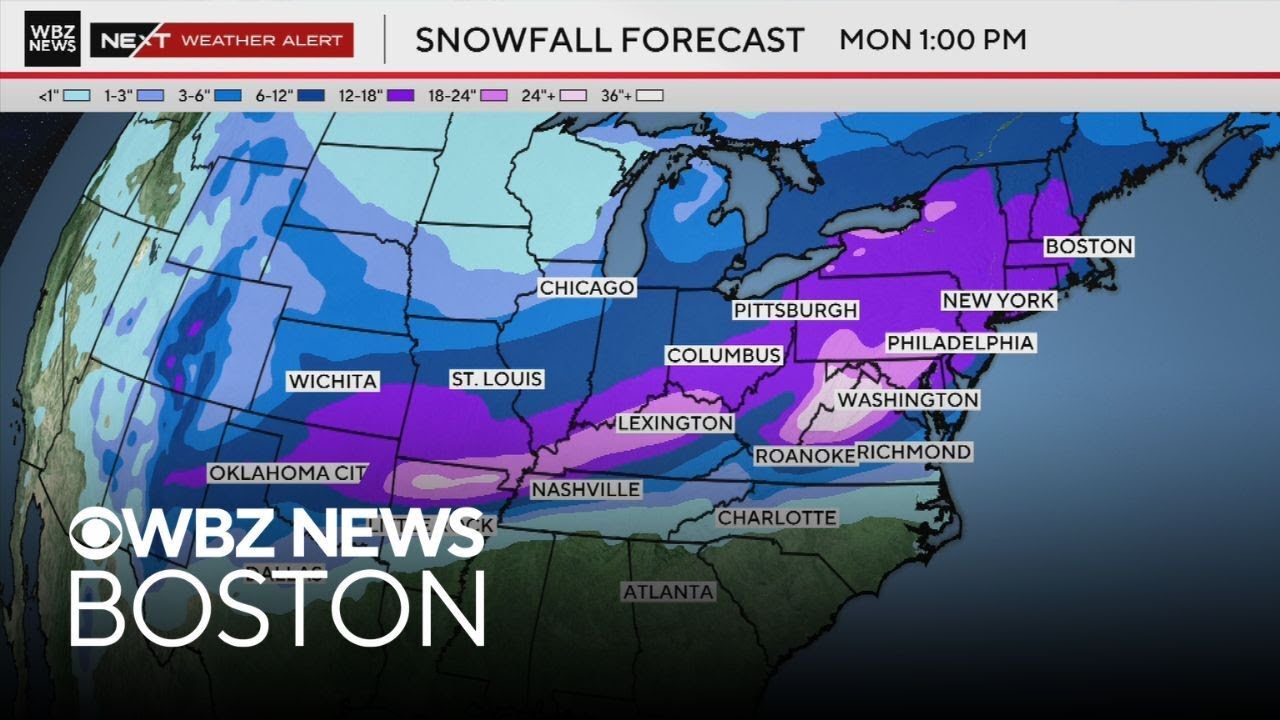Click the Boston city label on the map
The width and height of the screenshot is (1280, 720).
click(1089, 246)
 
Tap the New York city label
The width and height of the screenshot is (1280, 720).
click(998, 300)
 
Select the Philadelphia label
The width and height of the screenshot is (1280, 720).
click(960, 343)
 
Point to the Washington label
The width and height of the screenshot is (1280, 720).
click(907, 400)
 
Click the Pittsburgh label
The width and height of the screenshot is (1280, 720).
click(796, 310)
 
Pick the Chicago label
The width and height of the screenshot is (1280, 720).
click(587, 288)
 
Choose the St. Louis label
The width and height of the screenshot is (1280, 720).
click(496, 379)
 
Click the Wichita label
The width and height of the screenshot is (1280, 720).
click(333, 381)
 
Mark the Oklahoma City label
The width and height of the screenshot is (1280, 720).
click(288, 473)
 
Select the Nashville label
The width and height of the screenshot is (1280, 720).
click(585, 489)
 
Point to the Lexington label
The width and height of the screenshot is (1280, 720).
click(675, 423)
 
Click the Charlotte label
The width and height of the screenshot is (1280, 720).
click(776, 518)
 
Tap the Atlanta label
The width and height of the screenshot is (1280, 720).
click(668, 592)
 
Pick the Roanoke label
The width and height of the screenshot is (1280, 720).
click(805, 456)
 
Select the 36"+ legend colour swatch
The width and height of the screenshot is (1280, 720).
click(650, 96)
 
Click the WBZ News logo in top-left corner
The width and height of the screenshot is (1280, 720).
click(52, 39)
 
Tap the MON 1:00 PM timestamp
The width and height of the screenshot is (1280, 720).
click(932, 40)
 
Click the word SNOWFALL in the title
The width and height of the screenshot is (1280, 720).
click(509, 40)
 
